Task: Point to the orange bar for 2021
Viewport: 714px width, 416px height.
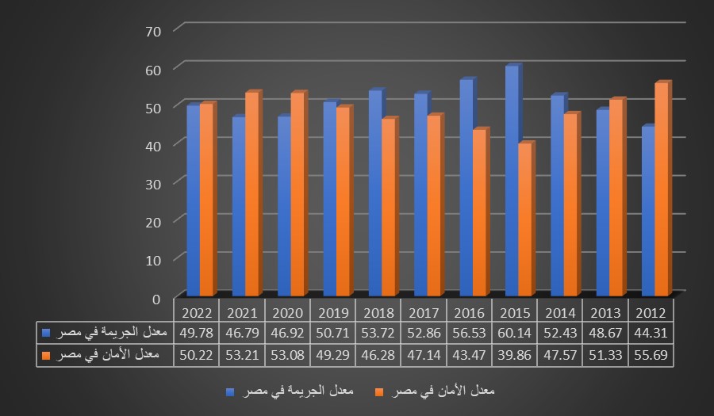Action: (251, 194)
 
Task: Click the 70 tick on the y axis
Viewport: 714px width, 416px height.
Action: (154, 31)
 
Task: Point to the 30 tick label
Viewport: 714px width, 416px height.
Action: (154, 183)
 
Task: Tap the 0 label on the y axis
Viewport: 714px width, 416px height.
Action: (156, 298)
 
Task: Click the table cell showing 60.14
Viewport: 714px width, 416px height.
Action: (515, 332)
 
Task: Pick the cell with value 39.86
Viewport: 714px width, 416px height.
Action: (515, 354)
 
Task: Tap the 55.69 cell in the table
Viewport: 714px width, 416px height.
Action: (651, 354)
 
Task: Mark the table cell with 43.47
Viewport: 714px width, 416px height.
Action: (470, 354)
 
